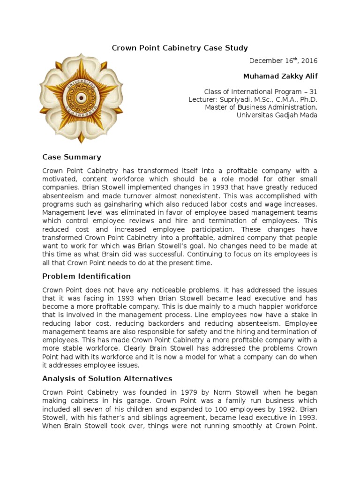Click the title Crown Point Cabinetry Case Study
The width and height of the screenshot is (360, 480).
180,48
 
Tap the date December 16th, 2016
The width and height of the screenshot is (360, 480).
283,60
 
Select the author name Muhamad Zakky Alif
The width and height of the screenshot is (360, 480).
280,76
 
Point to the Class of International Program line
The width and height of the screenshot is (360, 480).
261,92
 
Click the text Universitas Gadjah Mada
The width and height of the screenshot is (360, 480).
277,115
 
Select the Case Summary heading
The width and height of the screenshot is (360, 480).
72,157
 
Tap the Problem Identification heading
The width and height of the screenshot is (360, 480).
87,276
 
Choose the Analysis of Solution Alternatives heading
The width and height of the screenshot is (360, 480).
107,378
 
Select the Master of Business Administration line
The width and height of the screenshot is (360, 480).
261,107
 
